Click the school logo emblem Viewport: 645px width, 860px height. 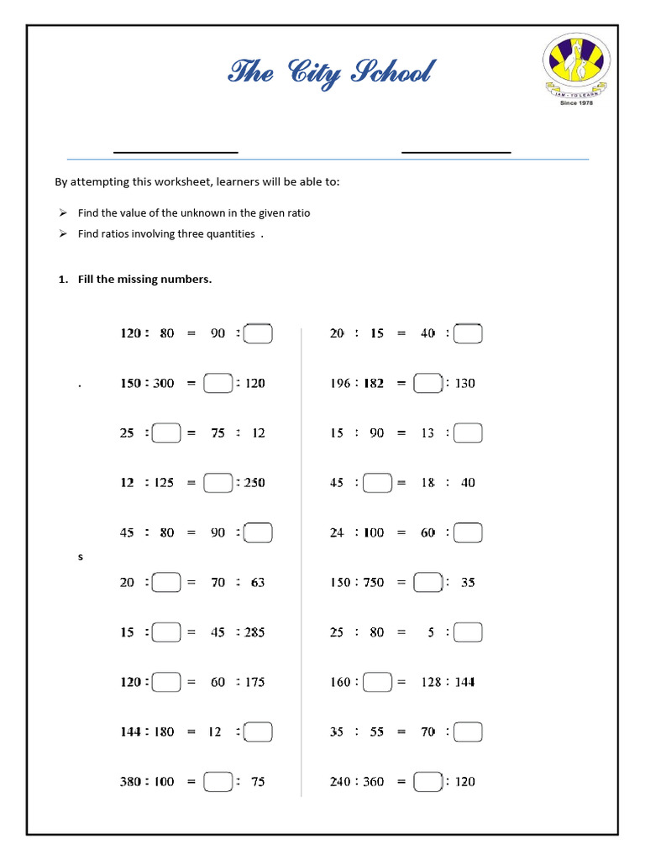(575, 64)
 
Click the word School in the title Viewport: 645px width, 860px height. (391, 73)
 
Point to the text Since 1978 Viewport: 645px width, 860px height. (575, 103)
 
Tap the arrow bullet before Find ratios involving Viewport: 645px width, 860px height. (63, 234)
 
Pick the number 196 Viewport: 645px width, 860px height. (341, 384)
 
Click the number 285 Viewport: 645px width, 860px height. (254, 632)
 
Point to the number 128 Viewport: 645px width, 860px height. (431, 682)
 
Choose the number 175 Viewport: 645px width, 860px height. (254, 682)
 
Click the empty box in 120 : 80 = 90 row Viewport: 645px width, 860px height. (259, 334)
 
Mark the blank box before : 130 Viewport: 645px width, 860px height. (428, 384)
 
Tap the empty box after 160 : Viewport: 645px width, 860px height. (379, 682)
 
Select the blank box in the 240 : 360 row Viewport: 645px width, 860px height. (428, 782)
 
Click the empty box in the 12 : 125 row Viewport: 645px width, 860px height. (218, 483)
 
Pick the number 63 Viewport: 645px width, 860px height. (258, 583)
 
